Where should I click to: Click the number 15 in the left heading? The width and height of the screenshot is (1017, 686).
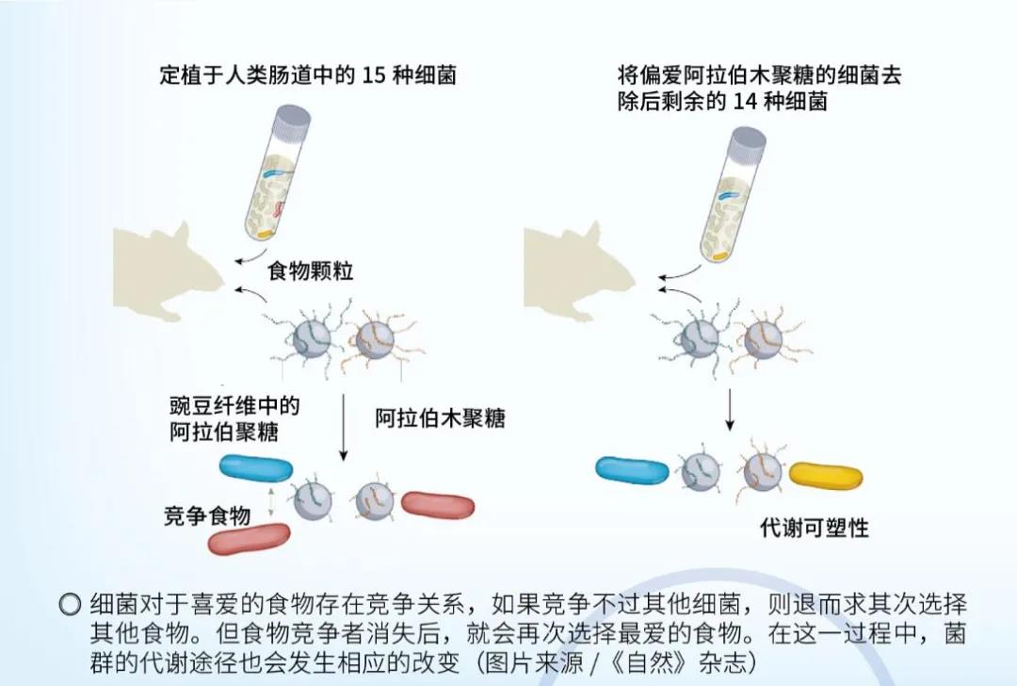pos(374,75)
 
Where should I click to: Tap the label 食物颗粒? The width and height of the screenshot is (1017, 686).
pos(311,270)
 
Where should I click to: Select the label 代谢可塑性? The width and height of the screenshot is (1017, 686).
pos(814,528)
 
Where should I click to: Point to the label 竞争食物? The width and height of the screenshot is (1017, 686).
pos(207,516)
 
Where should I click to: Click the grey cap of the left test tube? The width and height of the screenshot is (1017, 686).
pos(292,122)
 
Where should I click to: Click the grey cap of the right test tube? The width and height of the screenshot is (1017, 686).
pos(748,144)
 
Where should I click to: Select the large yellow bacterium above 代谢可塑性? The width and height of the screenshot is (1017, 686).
pos(826,477)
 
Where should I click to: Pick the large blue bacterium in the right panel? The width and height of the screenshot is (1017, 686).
pos(632,470)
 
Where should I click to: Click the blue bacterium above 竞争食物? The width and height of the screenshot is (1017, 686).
pos(256,468)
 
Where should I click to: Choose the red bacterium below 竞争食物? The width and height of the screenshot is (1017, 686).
pos(249,539)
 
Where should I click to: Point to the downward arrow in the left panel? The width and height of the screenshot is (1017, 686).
pos(343,427)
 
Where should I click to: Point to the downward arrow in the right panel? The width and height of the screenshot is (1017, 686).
pos(730,410)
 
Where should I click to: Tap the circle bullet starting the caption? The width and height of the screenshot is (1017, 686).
pos(70,605)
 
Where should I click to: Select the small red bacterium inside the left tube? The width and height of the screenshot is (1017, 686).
pos(281,209)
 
